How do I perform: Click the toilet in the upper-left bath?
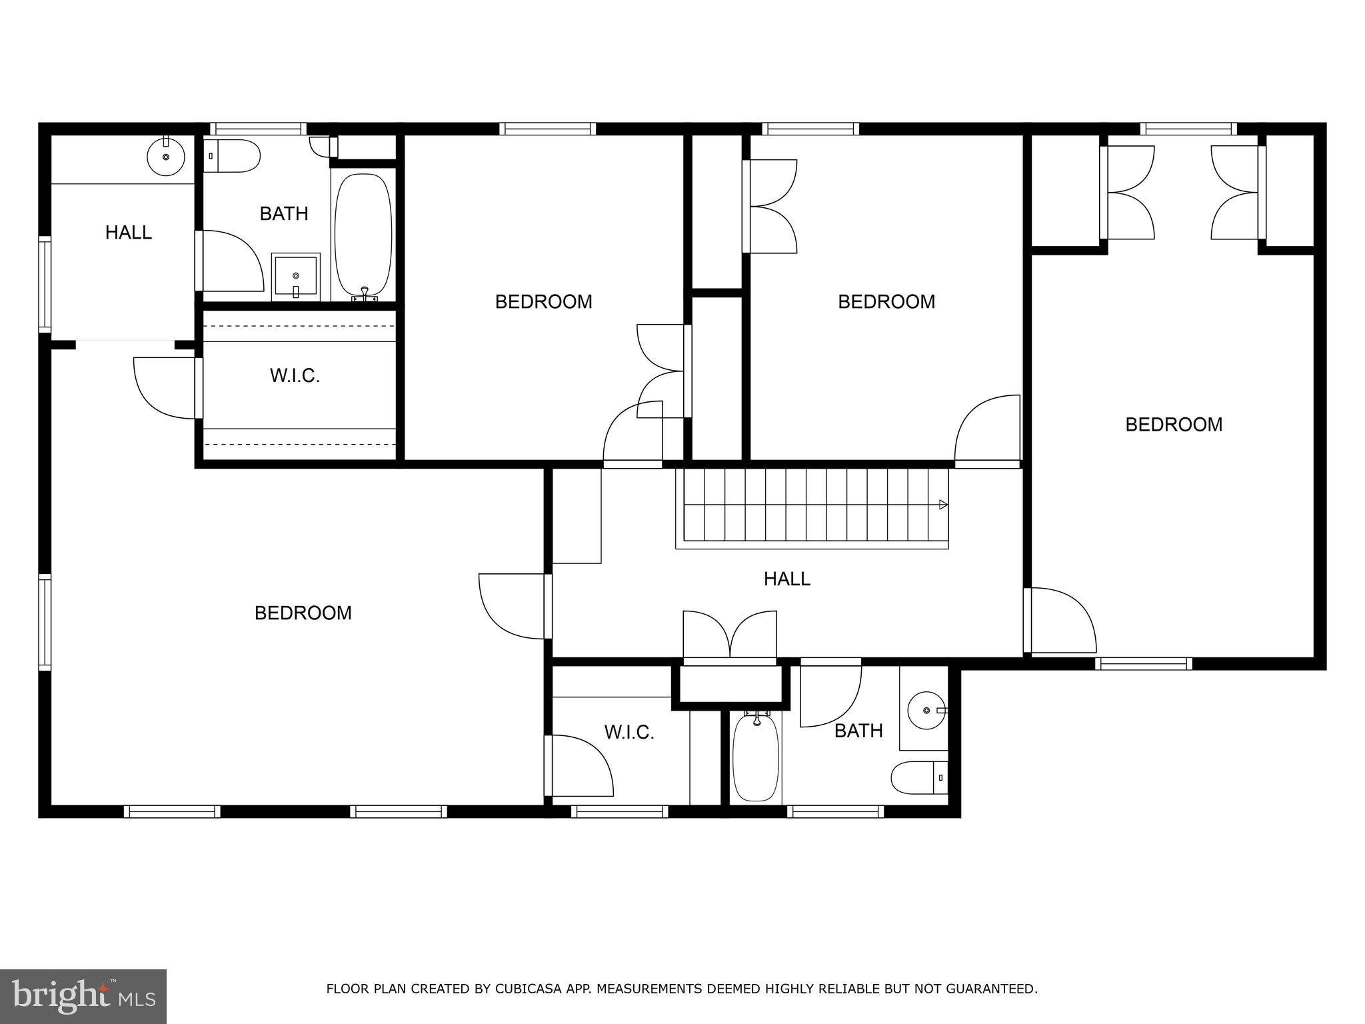(x=233, y=156)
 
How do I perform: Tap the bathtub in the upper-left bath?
(x=363, y=235)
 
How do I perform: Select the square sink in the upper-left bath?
(x=296, y=276)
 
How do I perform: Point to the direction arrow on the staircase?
(x=943, y=505)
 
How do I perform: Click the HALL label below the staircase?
(x=786, y=579)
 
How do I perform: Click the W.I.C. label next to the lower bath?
(x=629, y=733)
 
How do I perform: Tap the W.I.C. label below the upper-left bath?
(x=295, y=376)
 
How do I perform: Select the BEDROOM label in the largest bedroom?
(x=303, y=613)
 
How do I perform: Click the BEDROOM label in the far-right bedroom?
(x=1174, y=425)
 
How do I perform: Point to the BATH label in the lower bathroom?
(x=858, y=731)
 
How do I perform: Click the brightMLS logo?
(x=83, y=996)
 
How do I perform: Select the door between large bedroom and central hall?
(x=513, y=605)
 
